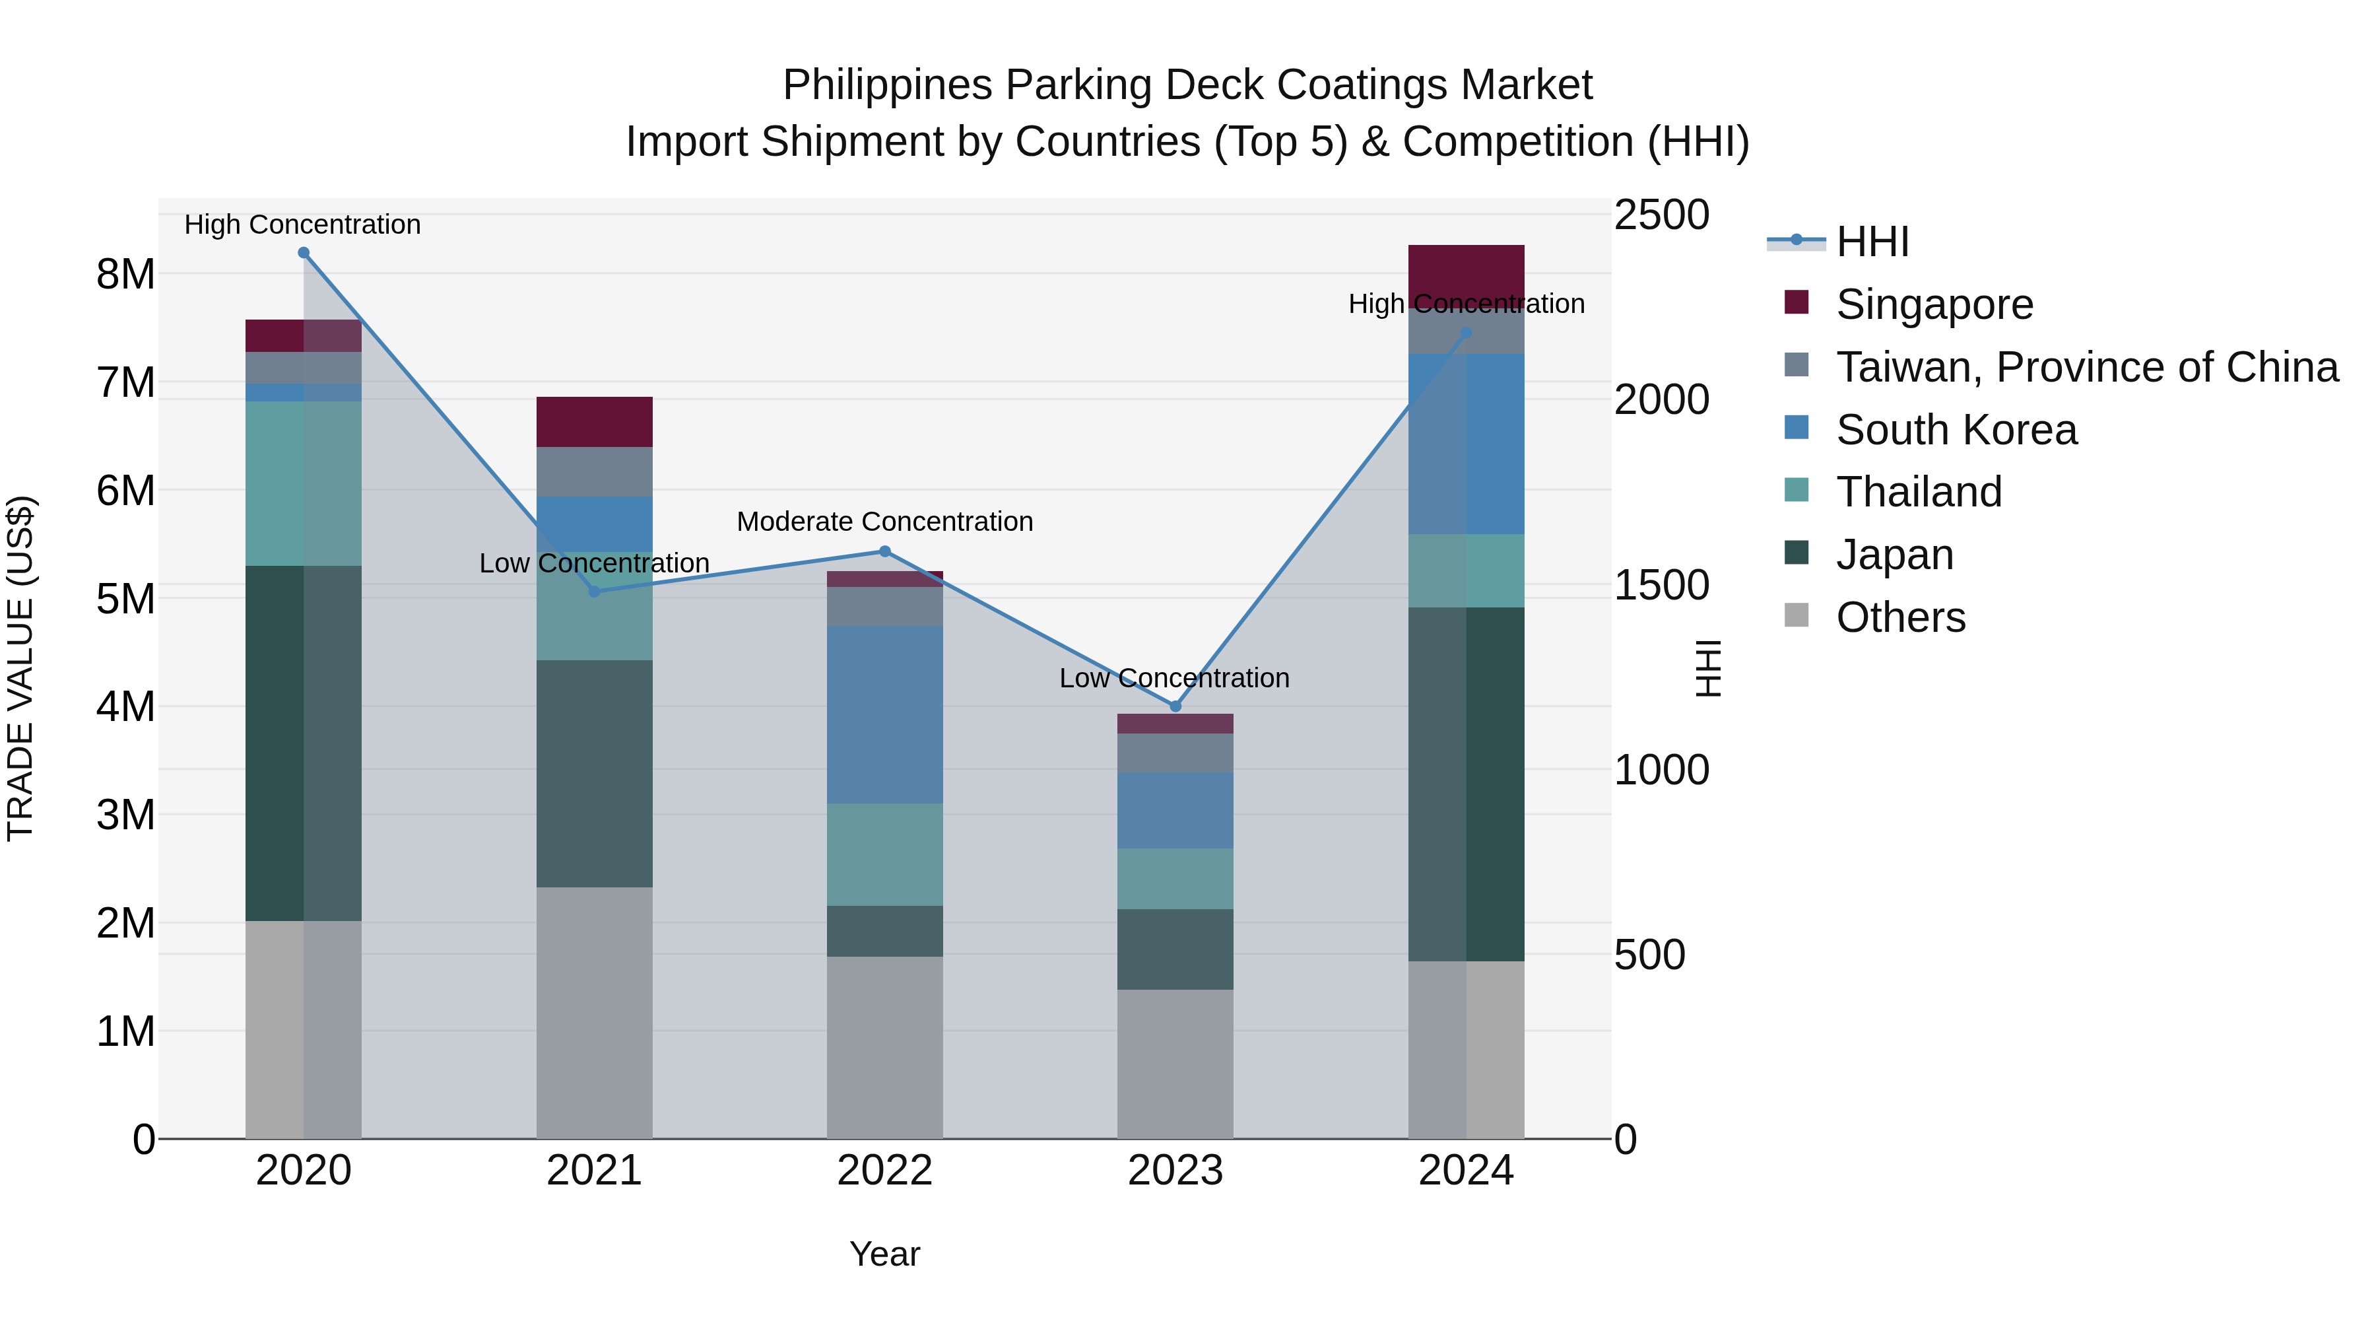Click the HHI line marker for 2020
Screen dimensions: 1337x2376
(304, 253)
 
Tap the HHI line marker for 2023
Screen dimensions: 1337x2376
(1175, 706)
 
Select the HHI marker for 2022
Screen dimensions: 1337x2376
(884, 552)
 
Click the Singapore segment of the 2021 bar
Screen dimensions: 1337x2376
(594, 422)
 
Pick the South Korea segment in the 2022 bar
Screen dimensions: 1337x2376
(884, 714)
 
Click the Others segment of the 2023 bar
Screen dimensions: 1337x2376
(1175, 1064)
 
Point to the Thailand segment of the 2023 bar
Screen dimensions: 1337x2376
(1175, 878)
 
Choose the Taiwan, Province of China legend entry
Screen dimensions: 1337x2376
(2086, 367)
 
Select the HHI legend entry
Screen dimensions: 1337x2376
(1872, 242)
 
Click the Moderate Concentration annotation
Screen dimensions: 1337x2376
(884, 522)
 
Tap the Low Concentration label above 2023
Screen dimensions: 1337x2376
(1174, 678)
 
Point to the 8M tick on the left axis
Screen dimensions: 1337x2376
(125, 274)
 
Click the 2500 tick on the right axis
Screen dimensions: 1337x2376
(1661, 215)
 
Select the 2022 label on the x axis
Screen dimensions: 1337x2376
(884, 1171)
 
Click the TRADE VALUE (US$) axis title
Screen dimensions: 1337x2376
(20, 668)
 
